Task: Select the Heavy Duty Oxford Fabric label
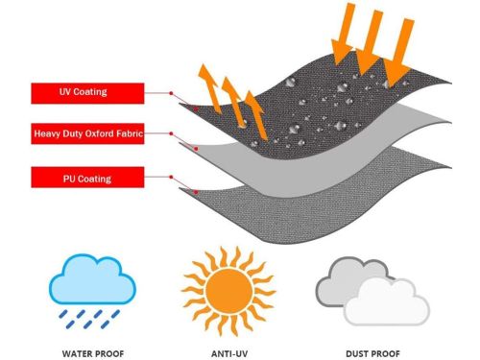coord(87,135)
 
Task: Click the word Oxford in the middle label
coord(101,135)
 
